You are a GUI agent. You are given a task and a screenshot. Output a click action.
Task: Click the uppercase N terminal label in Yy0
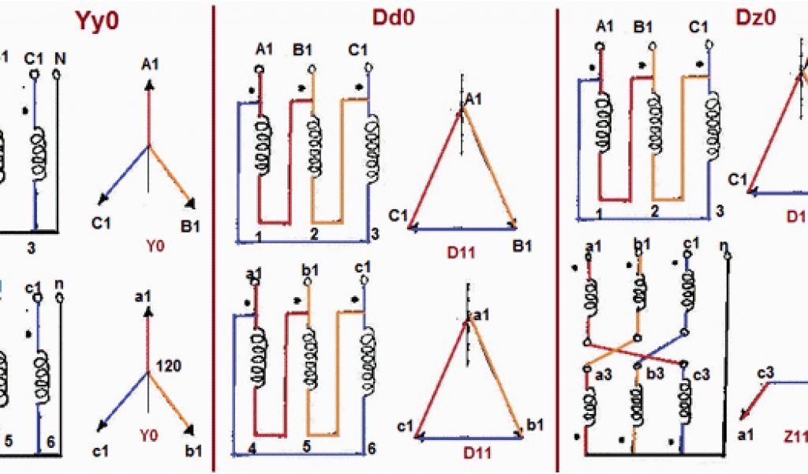59,57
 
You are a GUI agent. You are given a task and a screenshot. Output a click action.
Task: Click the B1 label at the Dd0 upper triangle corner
522,247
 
